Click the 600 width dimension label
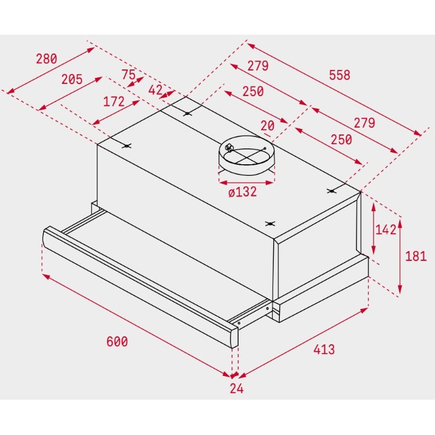(x=117, y=341)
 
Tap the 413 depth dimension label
(x=324, y=349)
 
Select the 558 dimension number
(x=339, y=75)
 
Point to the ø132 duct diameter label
(x=243, y=192)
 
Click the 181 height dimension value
(x=416, y=256)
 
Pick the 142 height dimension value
(x=386, y=230)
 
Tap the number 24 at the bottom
(x=237, y=388)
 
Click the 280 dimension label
(x=47, y=59)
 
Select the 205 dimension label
(x=72, y=79)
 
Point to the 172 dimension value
(x=114, y=102)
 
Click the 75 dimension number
(x=128, y=74)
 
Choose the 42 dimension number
(x=155, y=90)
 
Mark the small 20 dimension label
(x=268, y=126)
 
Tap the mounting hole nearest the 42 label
(x=187, y=114)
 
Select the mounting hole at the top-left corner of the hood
(x=127, y=146)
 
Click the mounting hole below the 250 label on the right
(x=332, y=191)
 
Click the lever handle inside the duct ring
(x=229, y=148)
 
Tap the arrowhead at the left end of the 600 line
(x=46, y=276)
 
